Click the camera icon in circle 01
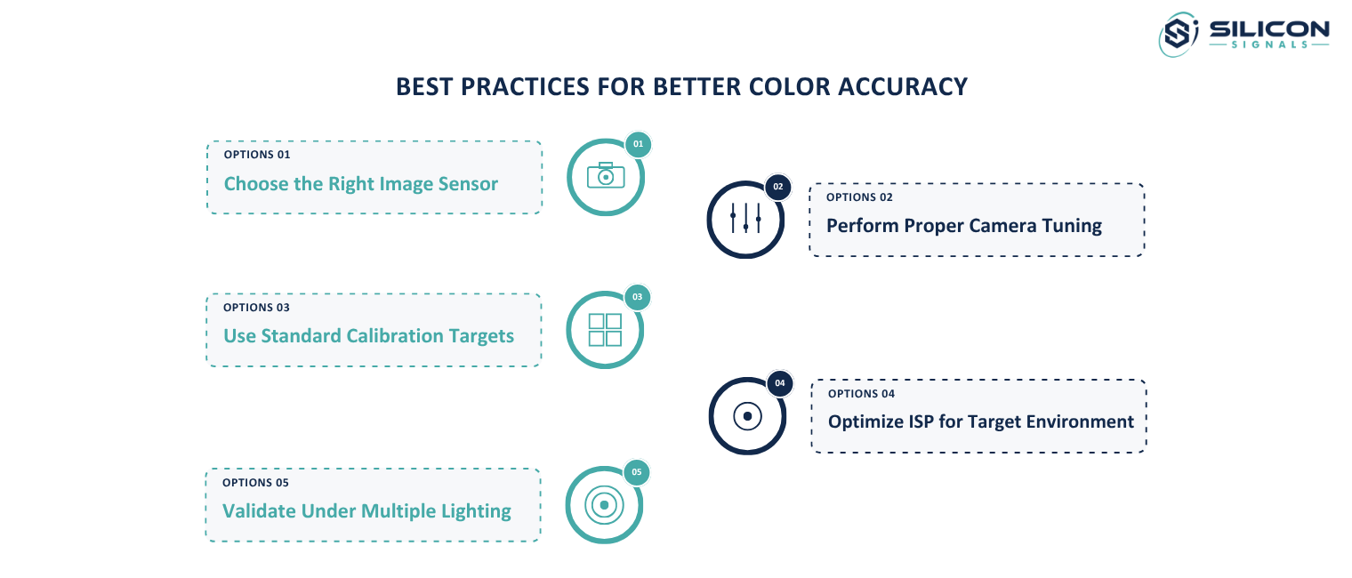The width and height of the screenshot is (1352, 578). (x=606, y=175)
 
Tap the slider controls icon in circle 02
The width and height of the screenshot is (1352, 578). (x=745, y=218)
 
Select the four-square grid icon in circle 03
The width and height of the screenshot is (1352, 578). (x=605, y=329)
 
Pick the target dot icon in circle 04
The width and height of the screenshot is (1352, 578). (x=747, y=415)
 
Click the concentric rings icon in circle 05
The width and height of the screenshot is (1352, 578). (x=604, y=504)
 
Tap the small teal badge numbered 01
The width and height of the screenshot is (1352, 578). (x=638, y=144)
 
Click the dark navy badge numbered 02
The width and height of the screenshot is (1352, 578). (x=778, y=187)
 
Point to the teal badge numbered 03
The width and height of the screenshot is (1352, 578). (x=638, y=297)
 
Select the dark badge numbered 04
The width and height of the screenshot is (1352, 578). (x=780, y=383)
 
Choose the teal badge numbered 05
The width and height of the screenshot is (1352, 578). (x=637, y=472)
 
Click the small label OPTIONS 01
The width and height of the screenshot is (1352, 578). (x=257, y=155)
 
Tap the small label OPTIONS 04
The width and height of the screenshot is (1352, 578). (x=861, y=394)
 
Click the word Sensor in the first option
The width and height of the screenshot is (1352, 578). (x=468, y=183)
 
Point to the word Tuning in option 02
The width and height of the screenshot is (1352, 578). (x=1072, y=226)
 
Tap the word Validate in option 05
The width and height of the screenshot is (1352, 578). (x=258, y=510)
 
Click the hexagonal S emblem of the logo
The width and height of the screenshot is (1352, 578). (x=1179, y=34)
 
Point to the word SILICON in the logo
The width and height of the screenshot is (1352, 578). (x=1269, y=29)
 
